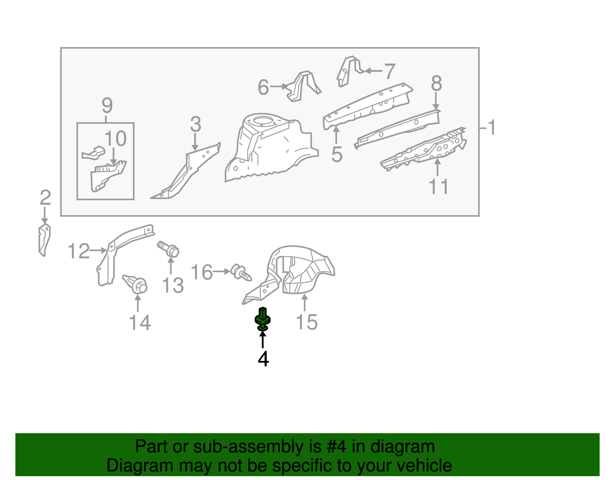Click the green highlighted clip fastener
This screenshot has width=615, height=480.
(x=263, y=319)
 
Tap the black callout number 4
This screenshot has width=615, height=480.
(x=263, y=359)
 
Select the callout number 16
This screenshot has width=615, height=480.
(x=201, y=272)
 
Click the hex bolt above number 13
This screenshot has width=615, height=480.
(x=168, y=249)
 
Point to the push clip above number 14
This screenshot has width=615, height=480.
(x=135, y=284)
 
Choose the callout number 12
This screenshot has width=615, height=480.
(x=79, y=251)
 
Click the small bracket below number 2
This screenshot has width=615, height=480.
(x=45, y=240)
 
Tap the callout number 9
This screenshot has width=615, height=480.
(x=107, y=106)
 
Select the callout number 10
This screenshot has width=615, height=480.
(x=115, y=139)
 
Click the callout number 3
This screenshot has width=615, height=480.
(x=196, y=124)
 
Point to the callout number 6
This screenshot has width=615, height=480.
(x=263, y=87)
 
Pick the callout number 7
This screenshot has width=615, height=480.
(x=390, y=71)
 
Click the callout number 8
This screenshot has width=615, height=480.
(x=436, y=83)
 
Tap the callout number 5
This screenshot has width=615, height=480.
(x=337, y=155)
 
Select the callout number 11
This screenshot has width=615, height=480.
(x=439, y=187)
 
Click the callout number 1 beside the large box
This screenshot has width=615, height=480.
(x=492, y=127)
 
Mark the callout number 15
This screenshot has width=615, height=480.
(x=306, y=322)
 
